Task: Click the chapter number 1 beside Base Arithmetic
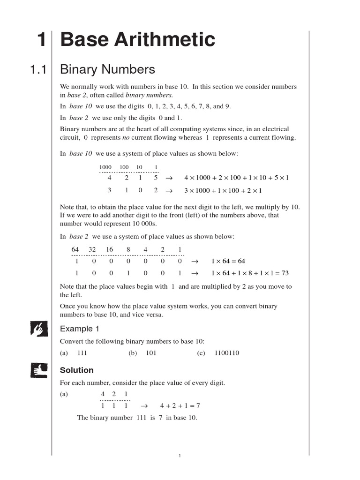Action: (x=42, y=40)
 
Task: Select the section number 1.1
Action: (x=38, y=70)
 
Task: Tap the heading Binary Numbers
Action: (x=107, y=70)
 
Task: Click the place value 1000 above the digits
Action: (x=105, y=167)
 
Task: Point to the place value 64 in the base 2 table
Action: (x=75, y=249)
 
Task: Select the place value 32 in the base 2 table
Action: (x=92, y=249)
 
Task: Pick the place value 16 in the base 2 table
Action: (x=110, y=249)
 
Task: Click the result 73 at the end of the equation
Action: (x=283, y=273)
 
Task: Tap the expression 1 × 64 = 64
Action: (x=228, y=261)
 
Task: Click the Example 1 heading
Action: (x=80, y=329)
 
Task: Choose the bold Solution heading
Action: (x=77, y=370)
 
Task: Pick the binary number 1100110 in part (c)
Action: (x=227, y=353)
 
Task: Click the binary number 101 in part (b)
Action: (x=151, y=353)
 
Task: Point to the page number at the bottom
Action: (x=180, y=456)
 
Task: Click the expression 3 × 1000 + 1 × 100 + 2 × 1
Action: (x=223, y=191)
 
